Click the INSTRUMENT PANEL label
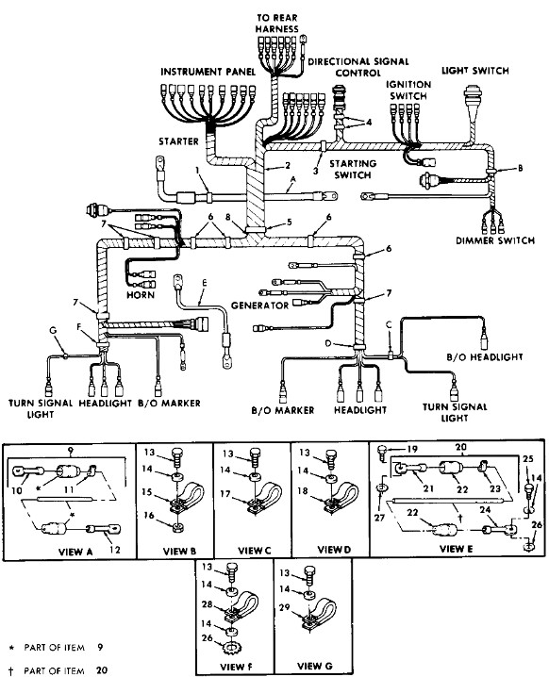[x=208, y=72]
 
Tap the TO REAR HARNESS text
[x=277, y=24]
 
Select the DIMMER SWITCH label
[x=495, y=240]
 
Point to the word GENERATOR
[x=259, y=305]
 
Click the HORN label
[x=141, y=295]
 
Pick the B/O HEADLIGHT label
[x=484, y=357]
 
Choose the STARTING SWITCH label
[x=353, y=170]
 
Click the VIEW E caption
[x=457, y=549]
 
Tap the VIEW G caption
[x=315, y=666]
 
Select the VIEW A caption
[x=75, y=552]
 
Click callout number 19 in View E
[x=412, y=449]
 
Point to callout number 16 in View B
[x=149, y=515]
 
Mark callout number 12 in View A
[x=114, y=550]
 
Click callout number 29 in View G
[x=284, y=607]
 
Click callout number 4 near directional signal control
[x=369, y=123]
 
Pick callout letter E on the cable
[x=205, y=283]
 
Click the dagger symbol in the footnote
[x=11, y=670]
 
